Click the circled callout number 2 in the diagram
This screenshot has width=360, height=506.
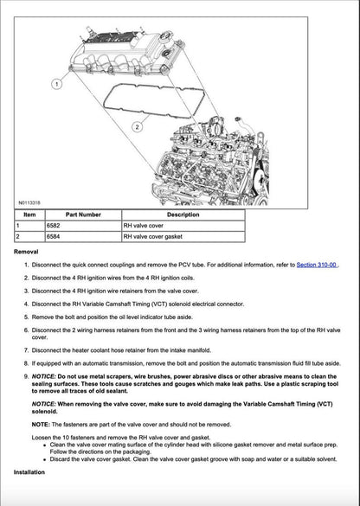pyautogui.click(x=138, y=126)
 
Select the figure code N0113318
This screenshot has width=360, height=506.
pyautogui.click(x=29, y=202)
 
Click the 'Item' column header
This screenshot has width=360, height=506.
pyautogui.click(x=29, y=214)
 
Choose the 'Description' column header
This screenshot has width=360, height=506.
pyautogui.click(x=183, y=214)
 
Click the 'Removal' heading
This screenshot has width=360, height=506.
pyautogui.click(x=27, y=251)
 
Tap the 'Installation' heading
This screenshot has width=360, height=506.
pyautogui.click(x=31, y=472)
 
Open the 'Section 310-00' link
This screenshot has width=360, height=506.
pyautogui.click(x=316, y=265)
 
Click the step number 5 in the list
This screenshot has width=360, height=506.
pyautogui.click(x=26, y=317)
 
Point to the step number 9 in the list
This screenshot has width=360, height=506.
pyautogui.click(x=26, y=378)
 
